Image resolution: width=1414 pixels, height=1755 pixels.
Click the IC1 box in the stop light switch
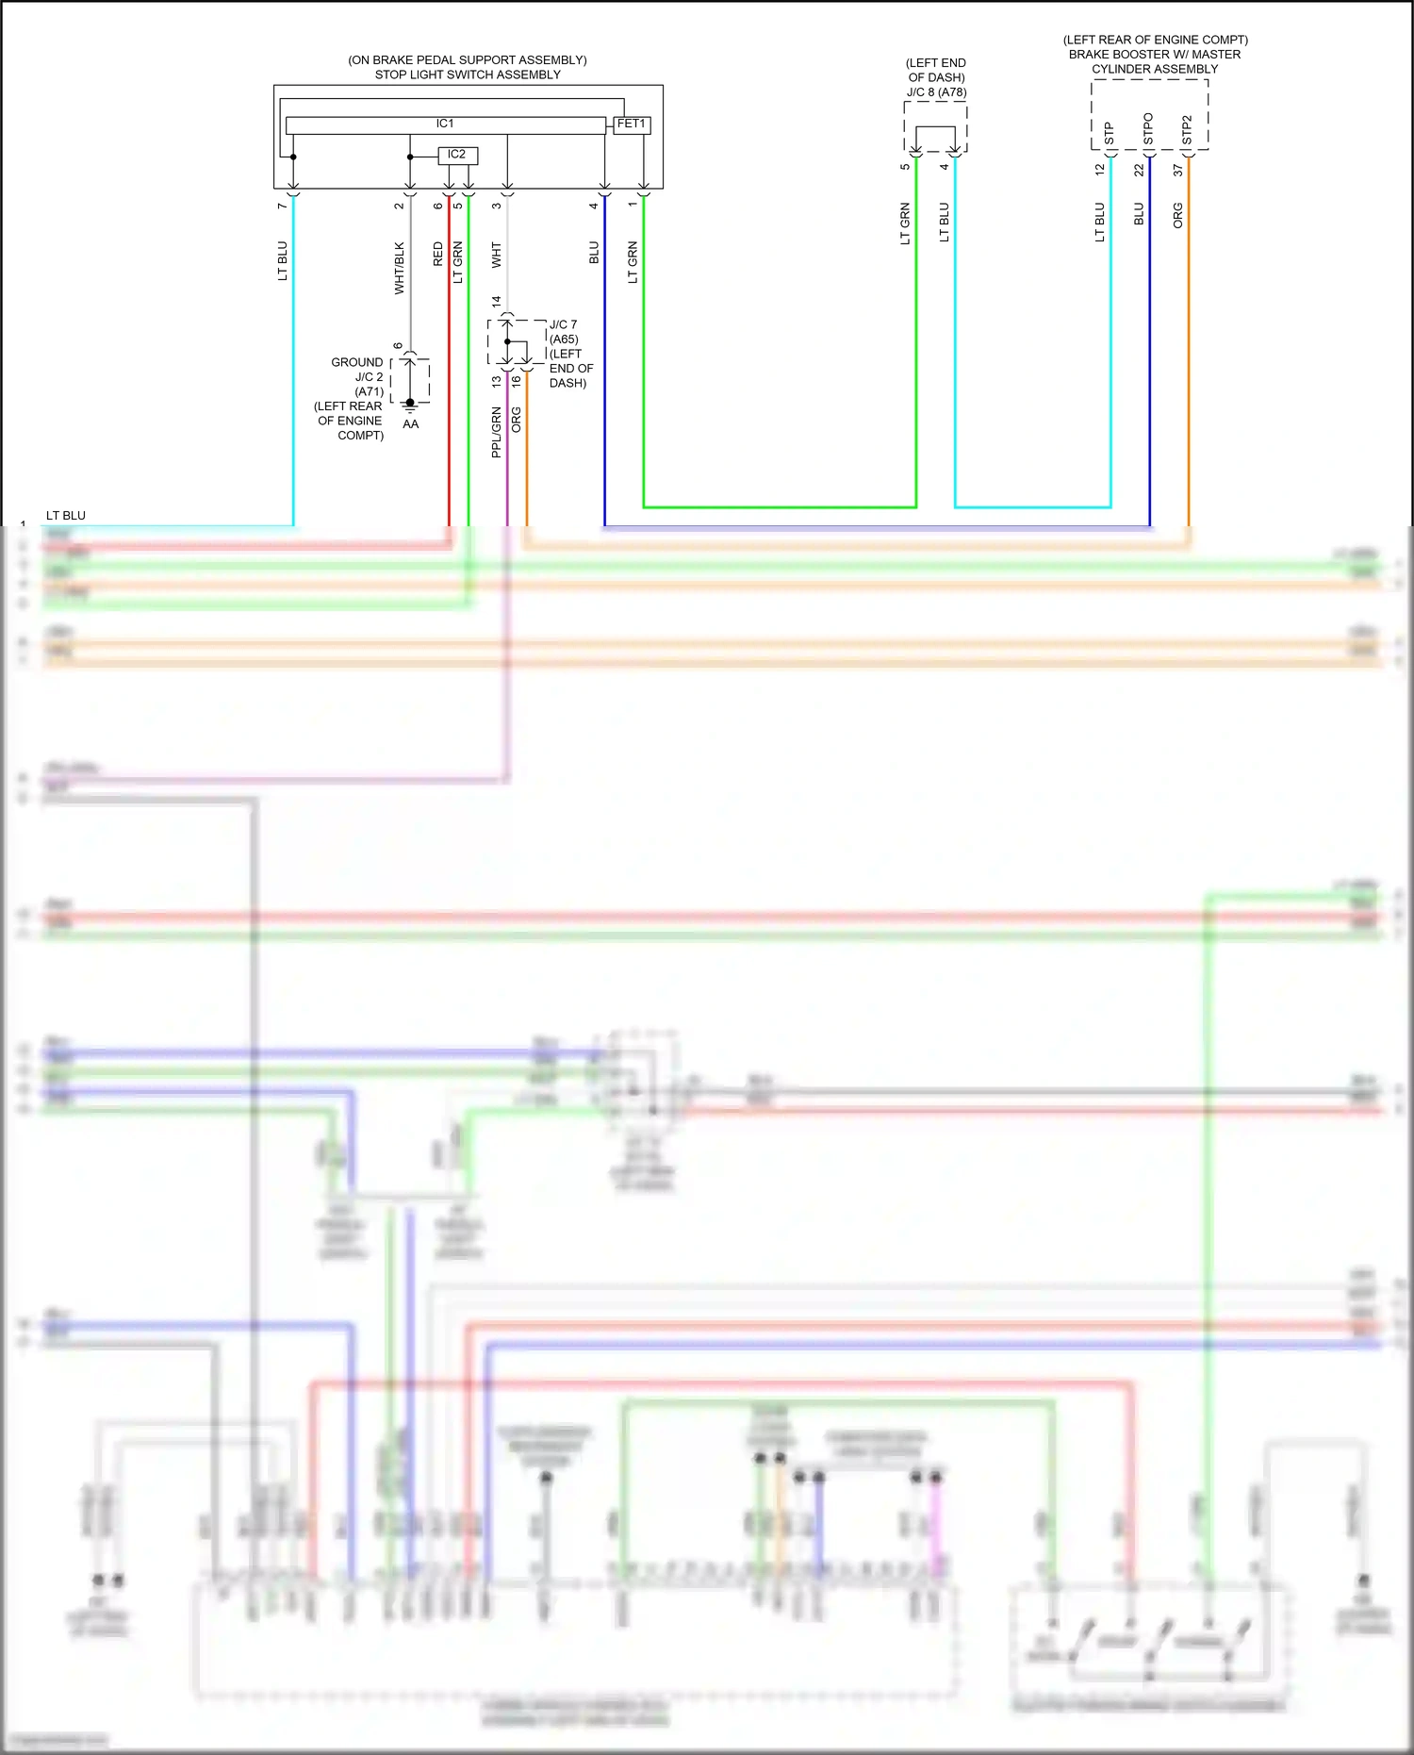445,124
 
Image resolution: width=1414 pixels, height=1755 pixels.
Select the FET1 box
632,124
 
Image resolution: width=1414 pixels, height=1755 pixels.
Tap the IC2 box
457,155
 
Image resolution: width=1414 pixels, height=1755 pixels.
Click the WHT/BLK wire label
400,269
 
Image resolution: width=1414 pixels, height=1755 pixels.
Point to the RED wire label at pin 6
438,254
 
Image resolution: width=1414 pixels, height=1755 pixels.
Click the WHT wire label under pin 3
497,255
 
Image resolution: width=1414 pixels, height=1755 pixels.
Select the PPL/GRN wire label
497,433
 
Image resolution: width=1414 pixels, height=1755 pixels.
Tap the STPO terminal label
1148,129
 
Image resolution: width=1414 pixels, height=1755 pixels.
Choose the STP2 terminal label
1187,131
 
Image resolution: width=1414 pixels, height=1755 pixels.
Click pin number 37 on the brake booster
1178,171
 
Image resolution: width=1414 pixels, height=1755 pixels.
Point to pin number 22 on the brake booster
1139,171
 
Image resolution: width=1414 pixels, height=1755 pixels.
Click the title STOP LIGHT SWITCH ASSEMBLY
468,75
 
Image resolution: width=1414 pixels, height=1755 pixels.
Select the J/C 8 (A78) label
936,92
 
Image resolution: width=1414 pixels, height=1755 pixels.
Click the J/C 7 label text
563,324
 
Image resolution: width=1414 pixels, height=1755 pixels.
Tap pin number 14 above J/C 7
497,302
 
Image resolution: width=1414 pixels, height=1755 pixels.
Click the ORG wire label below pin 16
517,420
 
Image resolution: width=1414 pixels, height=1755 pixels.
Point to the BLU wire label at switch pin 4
594,253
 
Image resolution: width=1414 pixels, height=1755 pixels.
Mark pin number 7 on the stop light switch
282,206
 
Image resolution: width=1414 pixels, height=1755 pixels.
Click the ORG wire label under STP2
1178,215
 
